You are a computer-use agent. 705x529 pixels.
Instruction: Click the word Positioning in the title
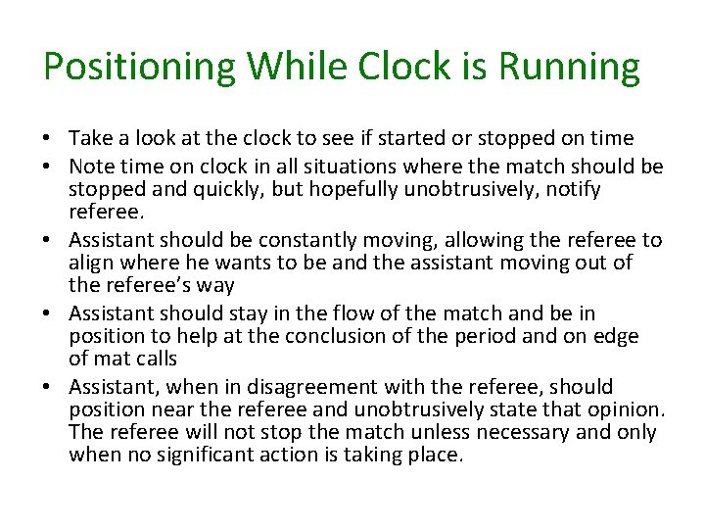click(x=140, y=68)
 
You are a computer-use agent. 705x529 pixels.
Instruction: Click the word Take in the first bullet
click(x=91, y=139)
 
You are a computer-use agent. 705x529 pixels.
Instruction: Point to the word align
click(x=91, y=264)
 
